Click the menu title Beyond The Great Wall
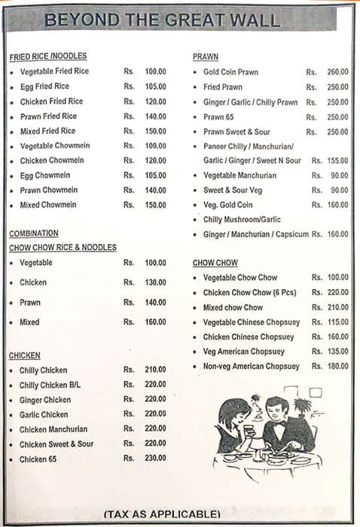(x=162, y=20)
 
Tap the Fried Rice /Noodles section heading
(x=48, y=56)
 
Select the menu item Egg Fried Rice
(x=44, y=87)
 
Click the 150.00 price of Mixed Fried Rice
(x=155, y=131)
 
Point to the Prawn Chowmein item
(x=48, y=190)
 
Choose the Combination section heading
(x=34, y=233)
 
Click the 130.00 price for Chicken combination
(x=155, y=282)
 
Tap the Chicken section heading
(x=25, y=355)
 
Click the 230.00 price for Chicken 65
(x=155, y=458)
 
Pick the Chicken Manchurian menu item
(x=53, y=429)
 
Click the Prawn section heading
(x=206, y=56)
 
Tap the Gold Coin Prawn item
(x=231, y=72)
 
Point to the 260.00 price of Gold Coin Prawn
(x=337, y=72)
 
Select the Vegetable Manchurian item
(x=239, y=175)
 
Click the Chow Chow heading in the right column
(x=215, y=263)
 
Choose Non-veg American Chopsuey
(x=251, y=366)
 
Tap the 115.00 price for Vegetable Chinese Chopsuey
(x=337, y=322)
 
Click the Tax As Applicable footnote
(x=162, y=514)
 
